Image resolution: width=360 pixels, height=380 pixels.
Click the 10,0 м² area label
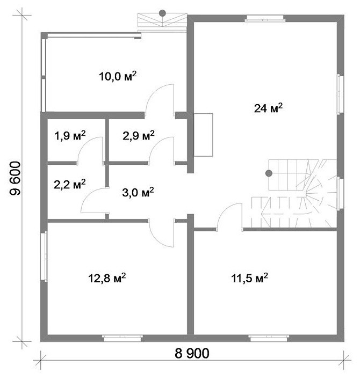coord(118,76)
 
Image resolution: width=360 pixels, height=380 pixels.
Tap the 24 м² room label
coord(268,108)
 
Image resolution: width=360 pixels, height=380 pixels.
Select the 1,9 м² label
coord(70,135)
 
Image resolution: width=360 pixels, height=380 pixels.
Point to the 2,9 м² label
coord(139,135)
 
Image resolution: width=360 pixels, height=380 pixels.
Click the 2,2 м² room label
coord(70,185)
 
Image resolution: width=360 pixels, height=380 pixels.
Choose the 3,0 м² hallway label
coord(138,193)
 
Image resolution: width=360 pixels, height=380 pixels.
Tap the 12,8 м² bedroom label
coord(107,277)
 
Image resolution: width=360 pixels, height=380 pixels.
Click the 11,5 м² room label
coord(249,277)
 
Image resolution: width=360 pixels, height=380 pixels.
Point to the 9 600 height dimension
coord(16,178)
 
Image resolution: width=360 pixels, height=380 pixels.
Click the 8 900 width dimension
coord(192,353)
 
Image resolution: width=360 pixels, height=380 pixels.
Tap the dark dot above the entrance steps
coord(162,13)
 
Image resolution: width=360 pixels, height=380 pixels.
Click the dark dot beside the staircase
coord(269,173)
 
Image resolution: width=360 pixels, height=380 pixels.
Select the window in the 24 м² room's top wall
coord(265,18)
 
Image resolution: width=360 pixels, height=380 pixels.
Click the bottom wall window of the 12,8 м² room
coord(123,338)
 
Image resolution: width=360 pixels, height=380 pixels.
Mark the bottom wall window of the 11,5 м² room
coord(269,338)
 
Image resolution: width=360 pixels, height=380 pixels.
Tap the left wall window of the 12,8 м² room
coord(44,257)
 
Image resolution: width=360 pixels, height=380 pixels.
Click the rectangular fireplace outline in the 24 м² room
coord(203,135)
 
